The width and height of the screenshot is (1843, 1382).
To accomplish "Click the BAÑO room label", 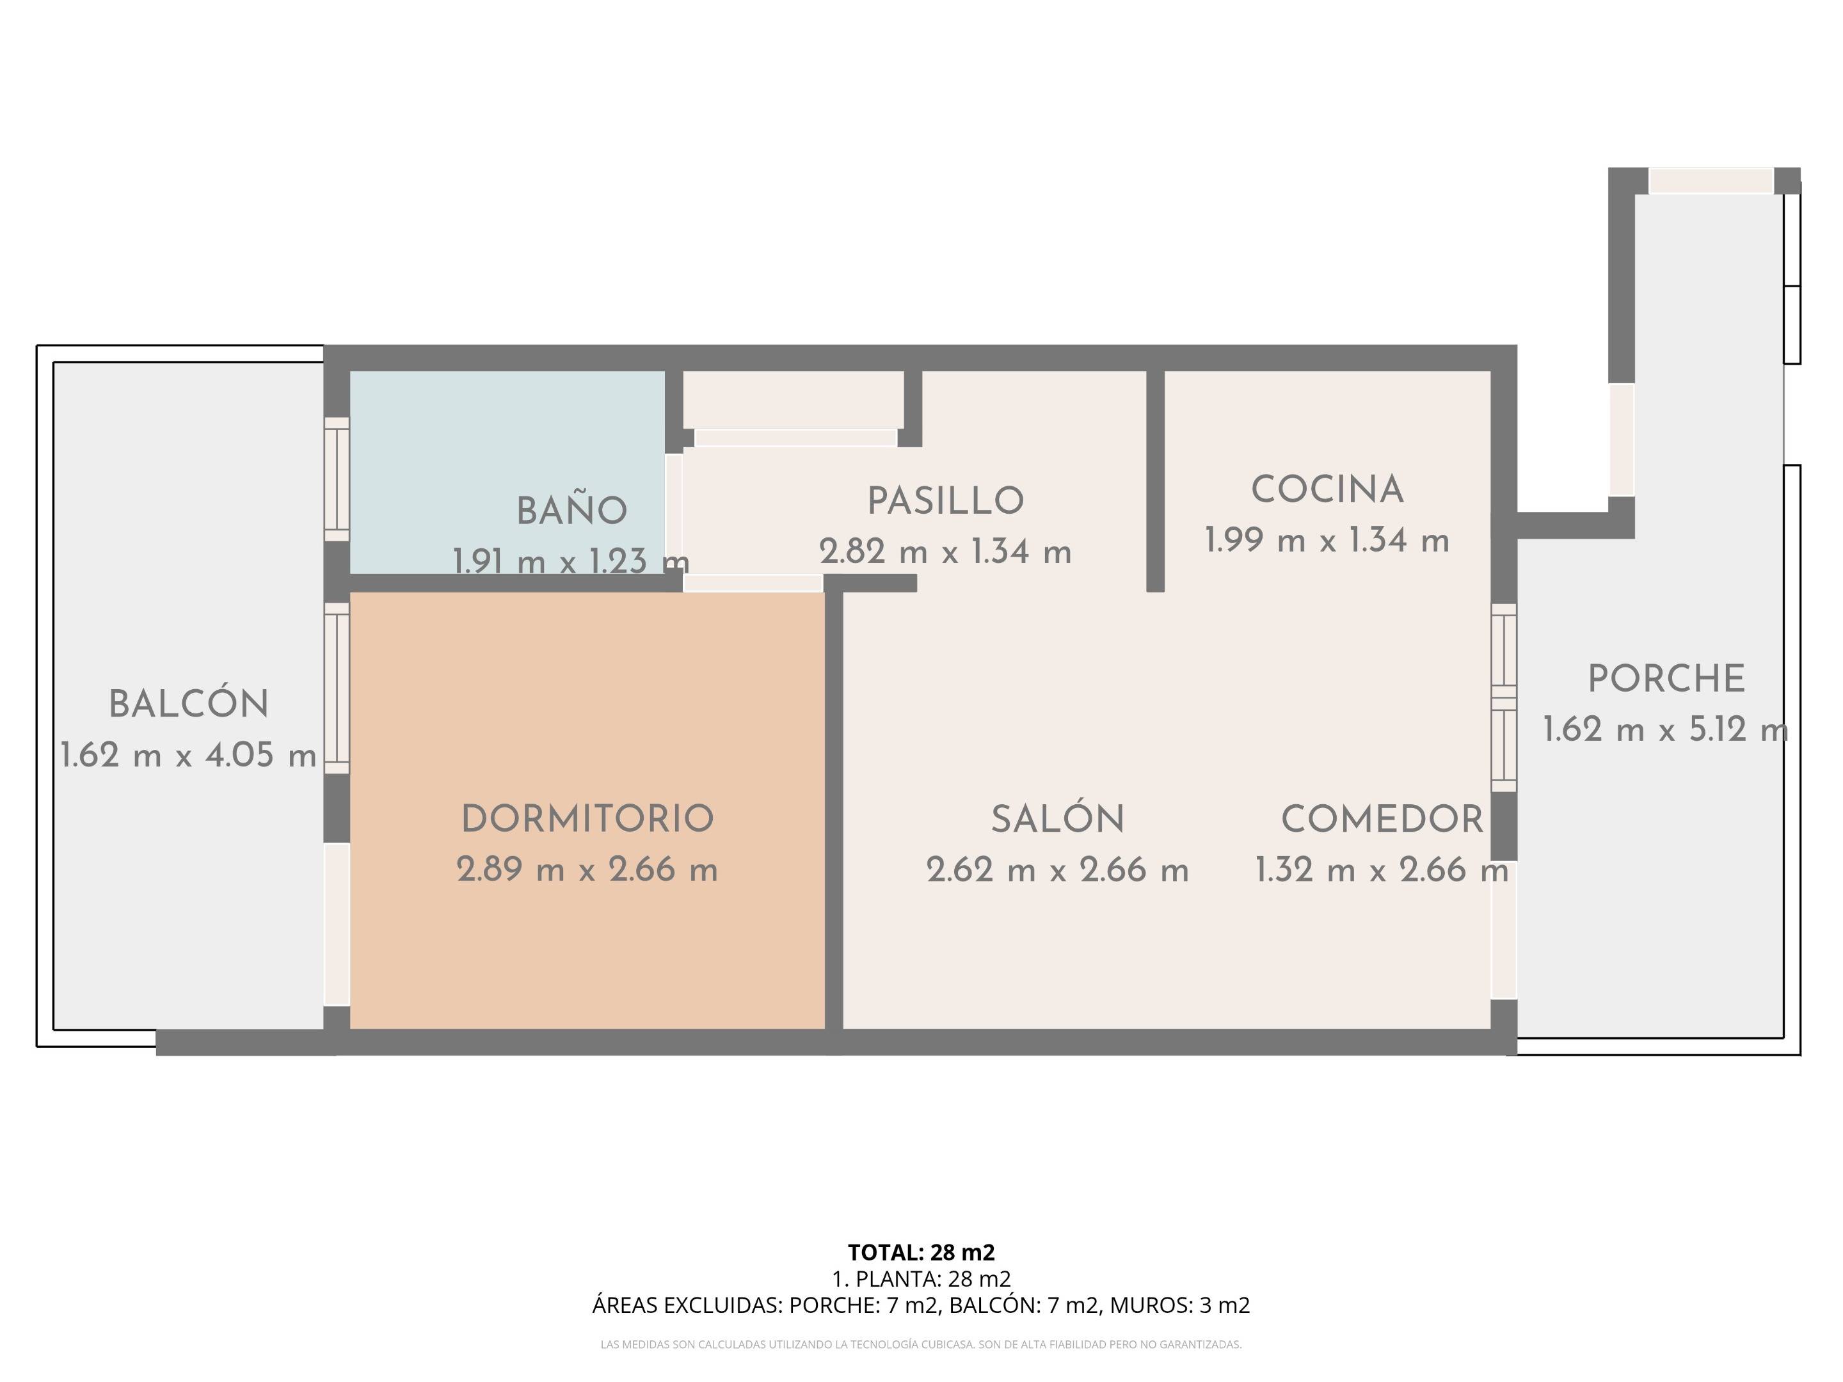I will pos(571,511).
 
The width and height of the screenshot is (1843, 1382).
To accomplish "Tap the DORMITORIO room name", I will pos(587,819).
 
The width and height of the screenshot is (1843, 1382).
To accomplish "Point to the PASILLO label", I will pos(946,500).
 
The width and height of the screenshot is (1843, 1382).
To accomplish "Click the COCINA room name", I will pos(1327,490).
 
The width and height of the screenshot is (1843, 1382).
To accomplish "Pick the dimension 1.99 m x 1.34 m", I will pos(1327,541).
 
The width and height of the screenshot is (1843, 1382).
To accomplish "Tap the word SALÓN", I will pos(1057,819).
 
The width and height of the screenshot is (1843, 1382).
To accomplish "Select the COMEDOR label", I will pos(1382,819).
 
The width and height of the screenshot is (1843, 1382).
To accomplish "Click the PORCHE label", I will pos(1666,679).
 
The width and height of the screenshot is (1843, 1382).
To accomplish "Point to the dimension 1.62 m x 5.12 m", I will pos(1666,731).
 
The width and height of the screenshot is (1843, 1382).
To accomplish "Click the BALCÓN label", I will pos(189,704).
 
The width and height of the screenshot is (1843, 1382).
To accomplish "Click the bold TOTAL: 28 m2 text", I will pos(921,1252).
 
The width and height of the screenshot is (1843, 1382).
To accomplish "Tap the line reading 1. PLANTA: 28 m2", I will pos(921,1279).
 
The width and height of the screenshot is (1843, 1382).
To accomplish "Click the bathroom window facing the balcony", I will pos(337,479).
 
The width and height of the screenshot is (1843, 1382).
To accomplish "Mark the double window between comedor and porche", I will pos(1503,697).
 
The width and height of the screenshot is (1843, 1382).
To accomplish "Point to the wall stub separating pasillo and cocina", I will pos(1155,482).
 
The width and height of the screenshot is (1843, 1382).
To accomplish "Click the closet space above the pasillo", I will pos(793,399).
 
